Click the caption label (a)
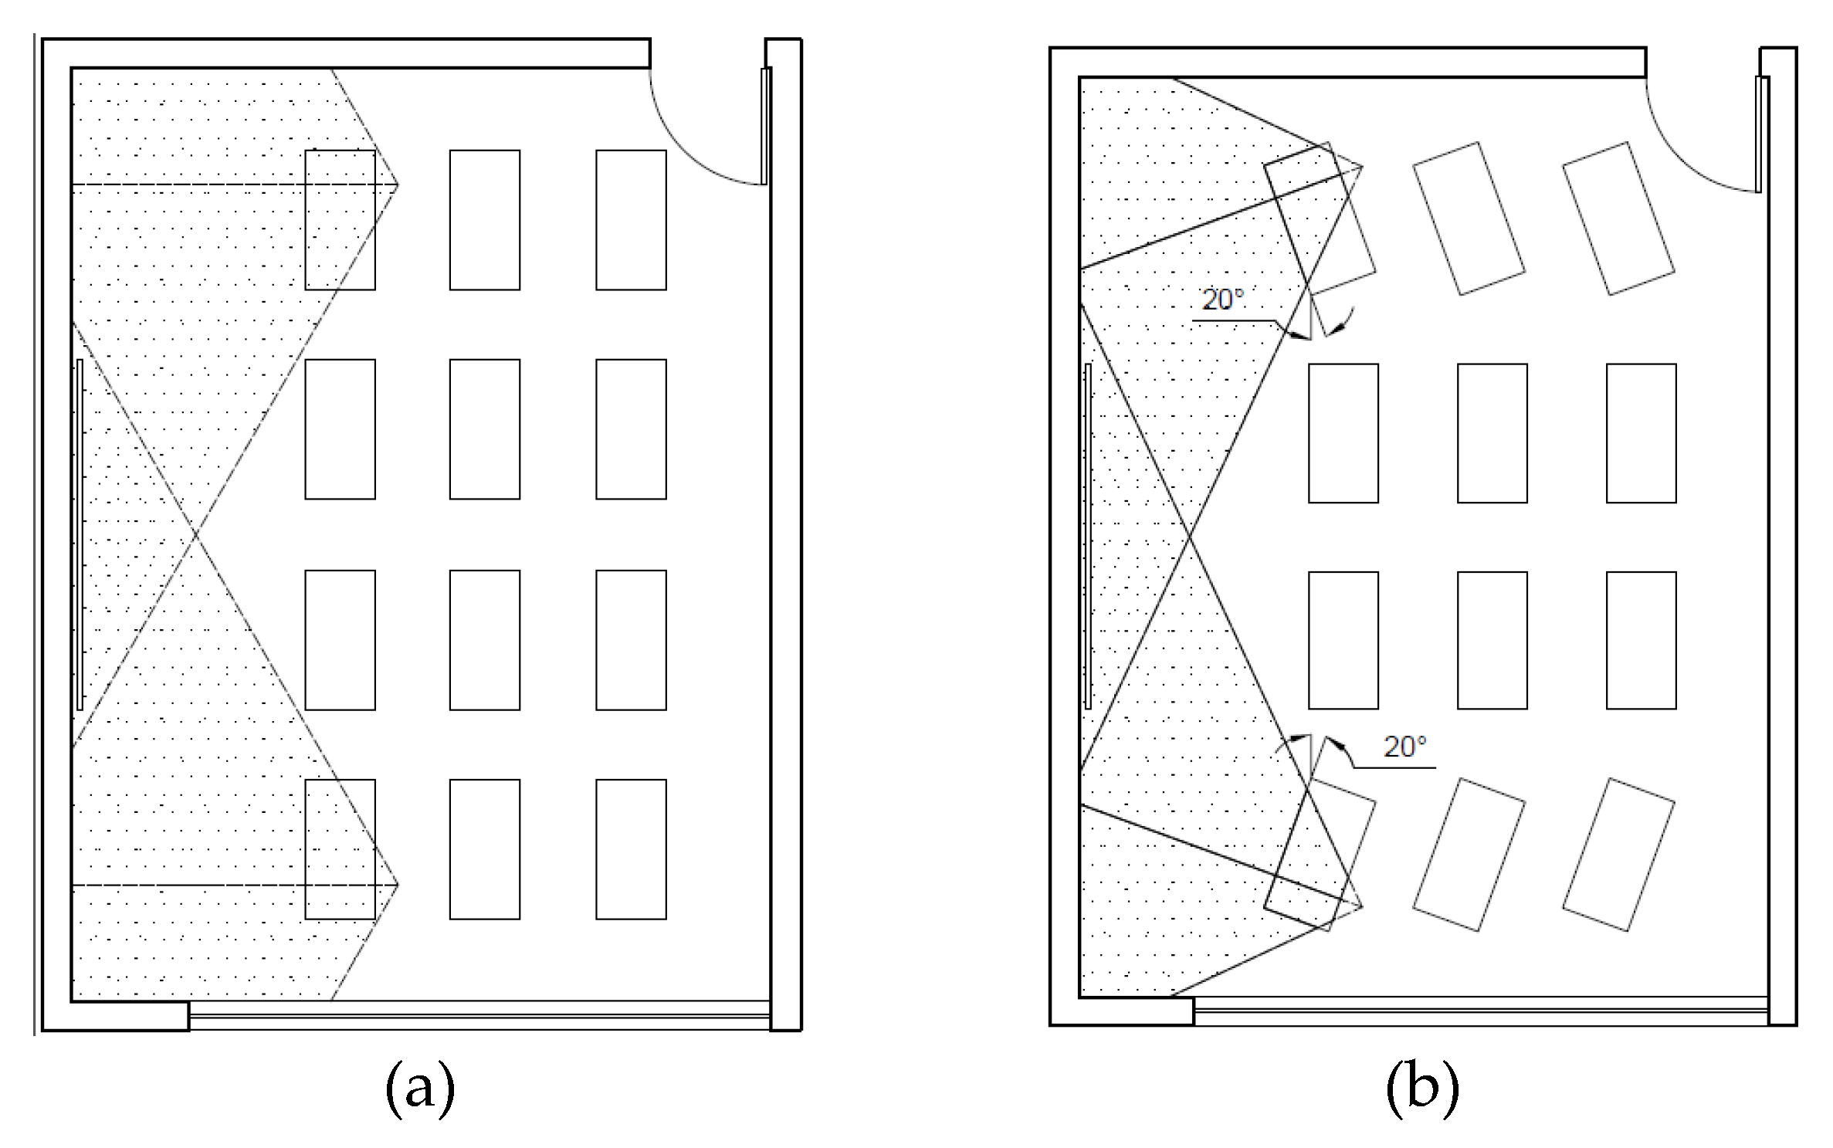419,1089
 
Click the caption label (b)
1422,1089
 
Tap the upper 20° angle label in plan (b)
1223,300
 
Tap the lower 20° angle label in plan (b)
1404,747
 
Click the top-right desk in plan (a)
631,220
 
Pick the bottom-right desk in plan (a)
631,849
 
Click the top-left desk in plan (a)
340,220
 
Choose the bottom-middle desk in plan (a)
485,849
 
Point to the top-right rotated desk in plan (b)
1618,218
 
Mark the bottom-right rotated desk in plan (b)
1618,855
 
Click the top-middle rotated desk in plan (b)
1469,218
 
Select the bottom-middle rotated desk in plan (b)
1469,855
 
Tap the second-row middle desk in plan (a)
485,429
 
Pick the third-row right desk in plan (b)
1641,640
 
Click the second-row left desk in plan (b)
1343,433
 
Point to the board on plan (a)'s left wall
80,534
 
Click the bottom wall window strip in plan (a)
479,1015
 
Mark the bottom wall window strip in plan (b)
1480,1011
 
